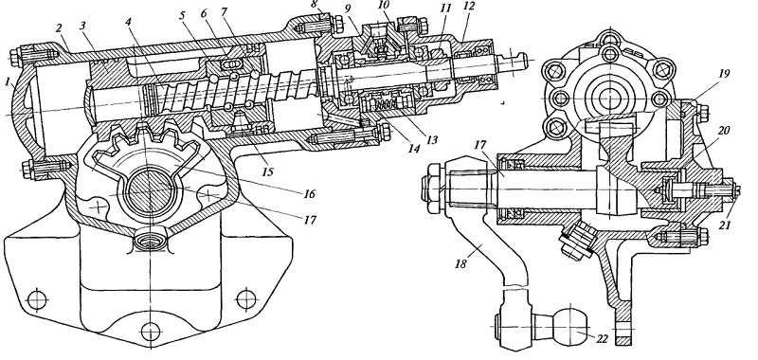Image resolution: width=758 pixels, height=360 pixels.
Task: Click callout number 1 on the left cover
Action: tap(8, 82)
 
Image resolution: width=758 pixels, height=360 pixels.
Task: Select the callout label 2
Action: tap(60, 28)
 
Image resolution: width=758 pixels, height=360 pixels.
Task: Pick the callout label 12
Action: tap(469, 7)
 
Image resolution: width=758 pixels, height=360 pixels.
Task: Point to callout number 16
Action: tap(309, 194)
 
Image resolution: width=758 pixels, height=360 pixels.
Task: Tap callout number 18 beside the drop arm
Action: tap(461, 263)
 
